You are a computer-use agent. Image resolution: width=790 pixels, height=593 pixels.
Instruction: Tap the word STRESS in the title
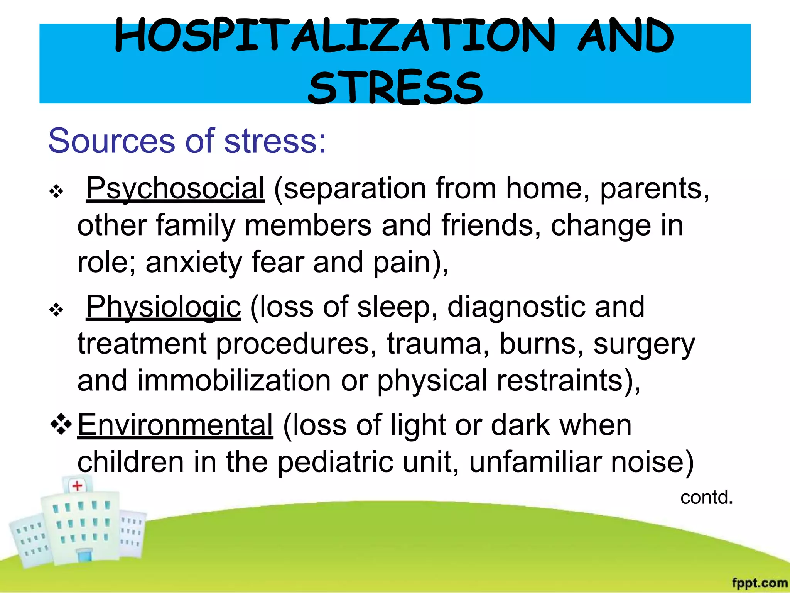click(395, 88)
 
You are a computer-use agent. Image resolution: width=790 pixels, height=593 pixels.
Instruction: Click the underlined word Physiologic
click(164, 307)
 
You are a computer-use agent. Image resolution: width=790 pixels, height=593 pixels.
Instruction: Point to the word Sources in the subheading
click(112, 141)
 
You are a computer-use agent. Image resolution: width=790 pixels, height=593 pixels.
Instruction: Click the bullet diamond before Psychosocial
click(56, 191)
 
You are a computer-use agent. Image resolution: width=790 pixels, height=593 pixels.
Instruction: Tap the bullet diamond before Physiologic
click(56, 310)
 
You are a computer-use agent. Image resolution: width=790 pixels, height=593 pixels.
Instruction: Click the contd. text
click(706, 498)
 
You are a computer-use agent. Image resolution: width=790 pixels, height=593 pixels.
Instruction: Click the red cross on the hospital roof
click(77, 486)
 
